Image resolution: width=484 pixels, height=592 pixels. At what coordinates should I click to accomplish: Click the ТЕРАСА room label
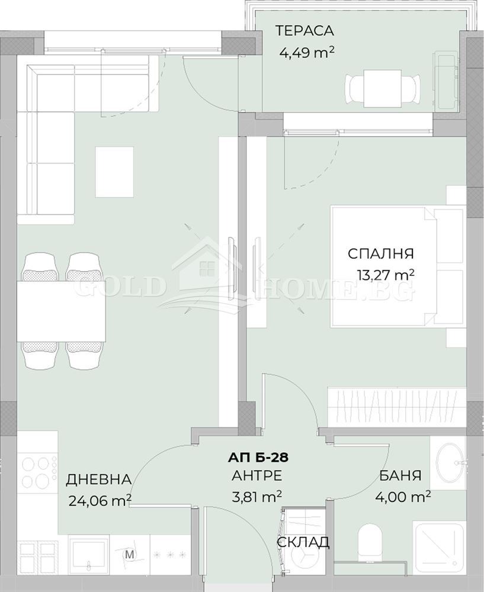(x=304, y=31)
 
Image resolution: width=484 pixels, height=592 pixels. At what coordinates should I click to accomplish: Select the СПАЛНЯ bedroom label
(x=380, y=253)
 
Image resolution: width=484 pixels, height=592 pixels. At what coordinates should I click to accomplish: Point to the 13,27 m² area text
(x=385, y=275)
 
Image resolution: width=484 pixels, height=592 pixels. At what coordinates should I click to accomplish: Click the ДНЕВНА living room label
(x=98, y=480)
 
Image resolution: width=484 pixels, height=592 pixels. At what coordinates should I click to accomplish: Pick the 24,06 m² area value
(x=100, y=500)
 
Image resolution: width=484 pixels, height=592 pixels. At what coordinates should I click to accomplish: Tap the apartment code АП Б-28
(x=258, y=458)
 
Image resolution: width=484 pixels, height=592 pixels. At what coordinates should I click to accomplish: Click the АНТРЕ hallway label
(x=257, y=476)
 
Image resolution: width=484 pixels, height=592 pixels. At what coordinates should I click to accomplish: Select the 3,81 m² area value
(x=257, y=497)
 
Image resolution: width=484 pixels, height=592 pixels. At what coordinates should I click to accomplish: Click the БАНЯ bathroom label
(x=400, y=475)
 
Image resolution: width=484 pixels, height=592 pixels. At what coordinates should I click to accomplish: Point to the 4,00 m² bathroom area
(x=403, y=496)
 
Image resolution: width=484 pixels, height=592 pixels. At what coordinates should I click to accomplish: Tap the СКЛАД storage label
(x=303, y=542)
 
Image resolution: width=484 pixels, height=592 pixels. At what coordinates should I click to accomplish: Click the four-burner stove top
(x=37, y=472)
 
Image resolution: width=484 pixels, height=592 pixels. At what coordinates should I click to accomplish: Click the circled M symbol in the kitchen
(x=130, y=555)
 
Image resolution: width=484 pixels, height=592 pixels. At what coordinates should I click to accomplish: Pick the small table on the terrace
(x=382, y=88)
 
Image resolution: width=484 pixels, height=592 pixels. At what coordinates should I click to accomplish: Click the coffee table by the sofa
(x=114, y=172)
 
